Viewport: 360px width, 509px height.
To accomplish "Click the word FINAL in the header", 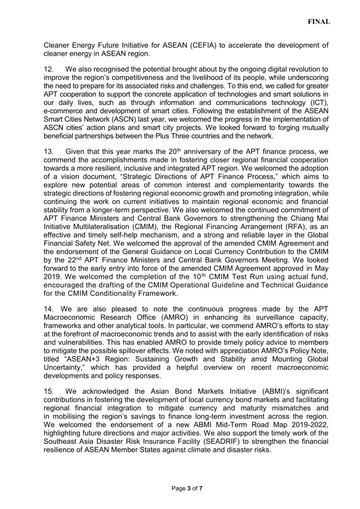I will [x=319, y=22].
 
